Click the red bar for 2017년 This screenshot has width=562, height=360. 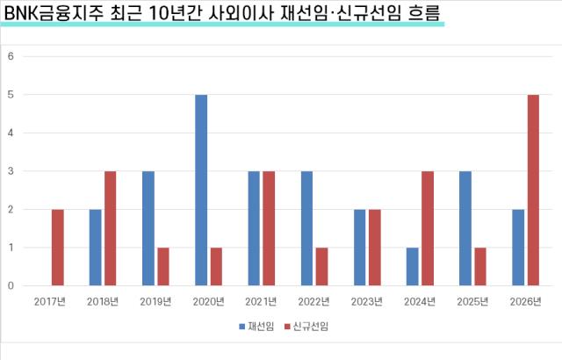pyautogui.click(x=58, y=247)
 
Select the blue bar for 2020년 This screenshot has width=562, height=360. pyautogui.click(x=201, y=190)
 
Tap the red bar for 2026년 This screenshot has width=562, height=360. pyautogui.click(x=533, y=190)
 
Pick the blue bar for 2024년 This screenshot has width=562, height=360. pyautogui.click(x=413, y=266)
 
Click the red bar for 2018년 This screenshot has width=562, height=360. pyautogui.click(x=111, y=228)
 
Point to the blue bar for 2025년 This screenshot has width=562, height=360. pyautogui.click(x=465, y=228)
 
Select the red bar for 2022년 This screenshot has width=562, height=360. pyautogui.click(x=322, y=266)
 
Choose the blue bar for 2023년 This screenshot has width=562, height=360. pyautogui.click(x=360, y=247)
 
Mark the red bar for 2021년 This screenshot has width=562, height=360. pyautogui.click(x=270, y=228)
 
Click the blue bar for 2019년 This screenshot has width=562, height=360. pyautogui.click(x=148, y=228)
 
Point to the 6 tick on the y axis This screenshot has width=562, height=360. pyautogui.click(x=11, y=56)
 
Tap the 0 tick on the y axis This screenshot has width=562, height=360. pyautogui.click(x=11, y=285)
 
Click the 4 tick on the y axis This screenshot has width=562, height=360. pyautogui.click(x=11, y=133)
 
